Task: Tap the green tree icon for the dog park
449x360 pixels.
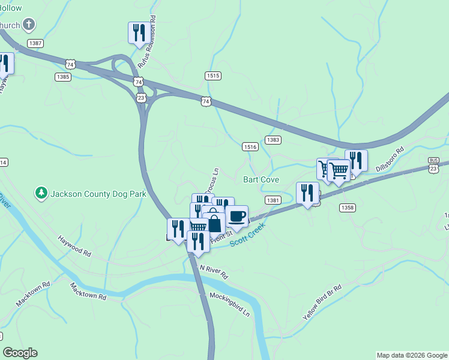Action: pos(41,193)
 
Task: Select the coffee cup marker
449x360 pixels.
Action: pos(237,217)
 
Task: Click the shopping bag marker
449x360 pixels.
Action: pos(214,223)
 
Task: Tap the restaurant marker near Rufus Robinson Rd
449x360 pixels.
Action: pos(139,32)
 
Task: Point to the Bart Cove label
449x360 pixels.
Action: pos(261,179)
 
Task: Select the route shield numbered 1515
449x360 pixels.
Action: pos(213,76)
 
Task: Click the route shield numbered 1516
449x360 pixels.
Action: pos(250,146)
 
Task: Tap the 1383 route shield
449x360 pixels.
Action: pos(273,139)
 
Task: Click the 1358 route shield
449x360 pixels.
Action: pos(347,208)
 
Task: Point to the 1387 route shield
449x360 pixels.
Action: pos(35,43)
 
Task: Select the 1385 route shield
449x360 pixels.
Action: pos(62,77)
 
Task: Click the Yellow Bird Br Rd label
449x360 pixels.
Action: pos(322,301)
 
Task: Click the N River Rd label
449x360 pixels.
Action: pos(214,272)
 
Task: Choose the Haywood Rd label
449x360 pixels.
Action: pos(74,246)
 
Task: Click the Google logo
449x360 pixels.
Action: pos(20,353)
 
